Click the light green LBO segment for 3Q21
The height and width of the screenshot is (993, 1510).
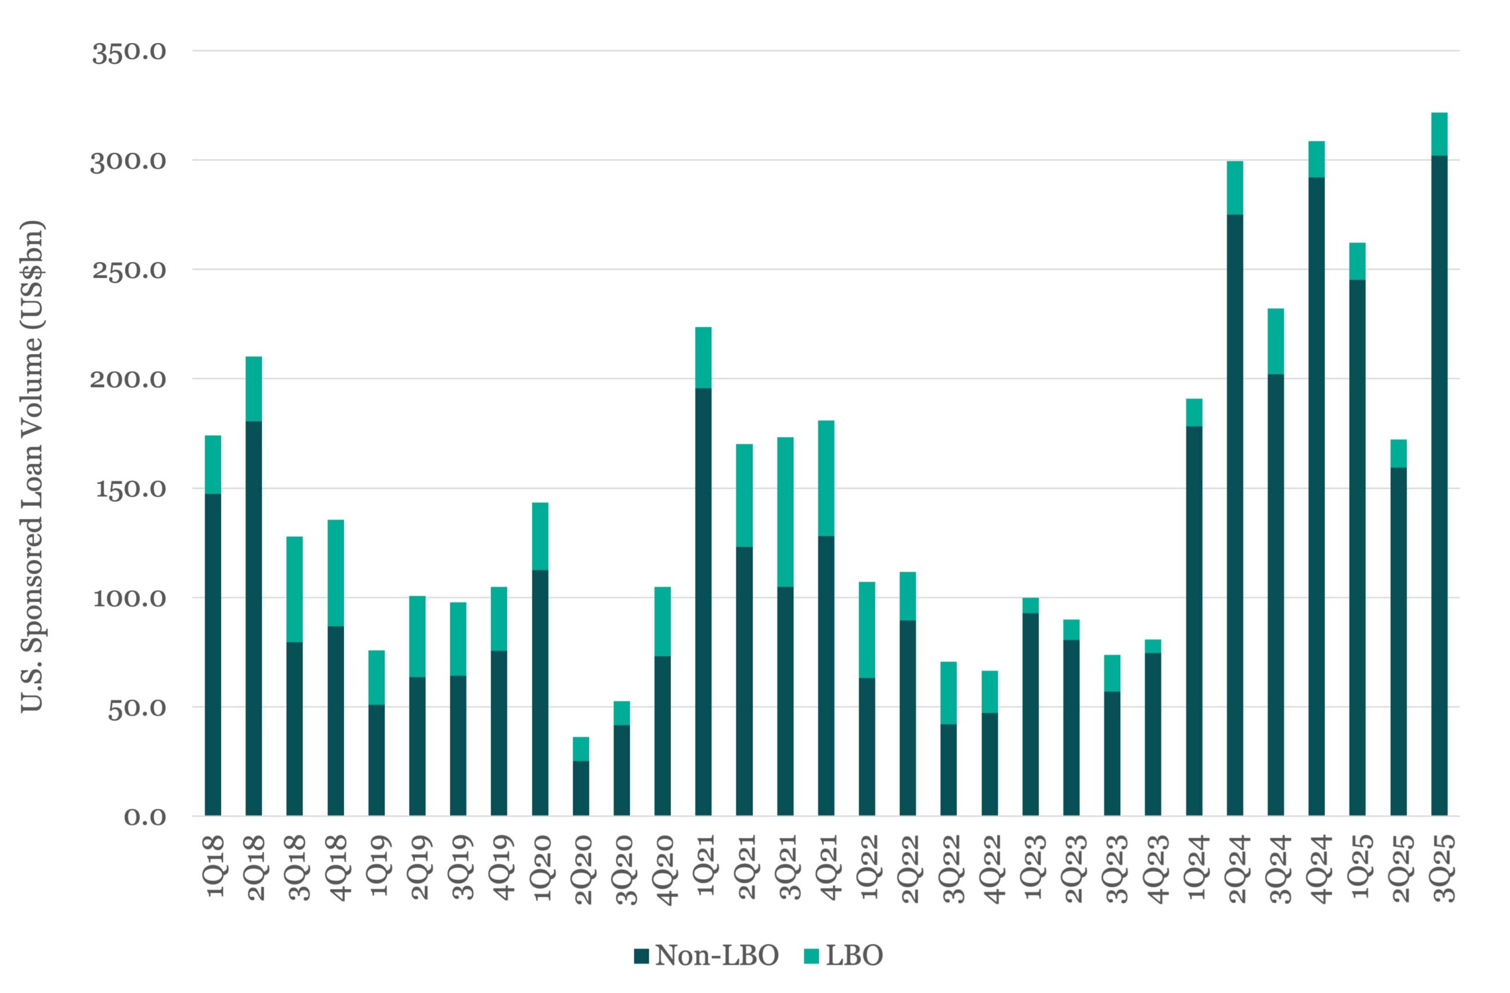coord(785,512)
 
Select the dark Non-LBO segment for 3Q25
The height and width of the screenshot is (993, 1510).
coord(1440,486)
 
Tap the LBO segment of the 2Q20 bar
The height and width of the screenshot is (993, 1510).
coord(580,749)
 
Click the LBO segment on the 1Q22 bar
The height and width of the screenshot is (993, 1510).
coord(866,630)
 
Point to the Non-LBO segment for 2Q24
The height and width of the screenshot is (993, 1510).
coord(1235,515)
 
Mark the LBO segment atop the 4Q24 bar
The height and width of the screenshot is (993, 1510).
coord(1317,159)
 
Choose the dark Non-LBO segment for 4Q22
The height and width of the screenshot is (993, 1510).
coord(990,765)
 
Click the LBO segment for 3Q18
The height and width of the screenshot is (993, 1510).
coord(294,589)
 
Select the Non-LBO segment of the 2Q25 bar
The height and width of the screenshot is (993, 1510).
coord(1399,641)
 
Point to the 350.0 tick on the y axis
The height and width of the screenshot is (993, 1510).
coord(129,52)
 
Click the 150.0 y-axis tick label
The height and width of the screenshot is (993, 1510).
coord(129,489)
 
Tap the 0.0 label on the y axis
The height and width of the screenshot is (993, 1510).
coord(145,817)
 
